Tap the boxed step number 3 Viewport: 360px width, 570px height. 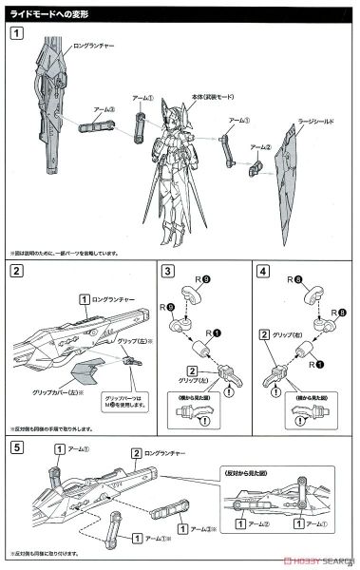[x=168, y=273]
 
